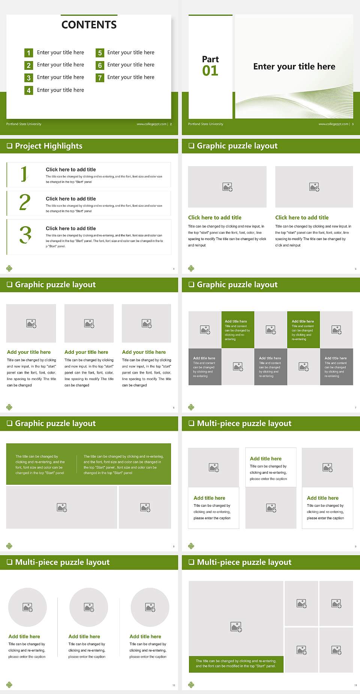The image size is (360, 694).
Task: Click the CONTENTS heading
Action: pos(89,25)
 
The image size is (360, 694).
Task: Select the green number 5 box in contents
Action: pos(100,53)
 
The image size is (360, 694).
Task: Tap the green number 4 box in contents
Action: pos(28,90)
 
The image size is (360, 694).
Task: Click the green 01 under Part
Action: pos(210,71)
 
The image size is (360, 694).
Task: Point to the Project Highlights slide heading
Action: pos(49,146)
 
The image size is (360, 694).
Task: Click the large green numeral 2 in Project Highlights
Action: pos(25,202)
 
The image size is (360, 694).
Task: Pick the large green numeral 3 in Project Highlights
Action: pos(25,235)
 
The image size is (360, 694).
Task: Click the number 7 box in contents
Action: pos(100,78)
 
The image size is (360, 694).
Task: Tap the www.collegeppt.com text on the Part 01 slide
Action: pos(333,124)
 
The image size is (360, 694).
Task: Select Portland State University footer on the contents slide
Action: pos(24,124)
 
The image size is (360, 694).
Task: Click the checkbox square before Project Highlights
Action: pos(9,146)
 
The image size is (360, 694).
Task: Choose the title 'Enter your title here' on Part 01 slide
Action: pos(294,67)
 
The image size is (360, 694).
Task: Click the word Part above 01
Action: pos(210,59)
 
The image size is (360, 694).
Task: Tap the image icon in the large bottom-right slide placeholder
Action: pos(236,626)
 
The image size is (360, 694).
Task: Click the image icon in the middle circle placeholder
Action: pos(89,607)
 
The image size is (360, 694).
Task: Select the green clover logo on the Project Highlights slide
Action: pos(9,268)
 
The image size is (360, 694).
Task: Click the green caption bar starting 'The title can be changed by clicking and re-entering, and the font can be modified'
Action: pos(236,664)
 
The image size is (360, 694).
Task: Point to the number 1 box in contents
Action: pos(28,53)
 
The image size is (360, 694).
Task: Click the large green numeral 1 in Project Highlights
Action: pos(24,174)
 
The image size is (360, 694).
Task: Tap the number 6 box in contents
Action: pos(100,65)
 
